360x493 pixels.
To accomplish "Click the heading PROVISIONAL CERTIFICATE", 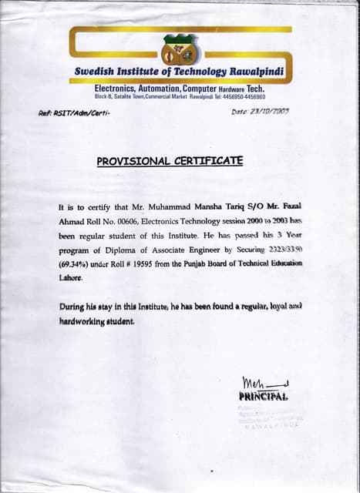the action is (x=170, y=161).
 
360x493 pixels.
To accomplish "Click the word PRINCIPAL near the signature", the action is (x=263, y=397).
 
